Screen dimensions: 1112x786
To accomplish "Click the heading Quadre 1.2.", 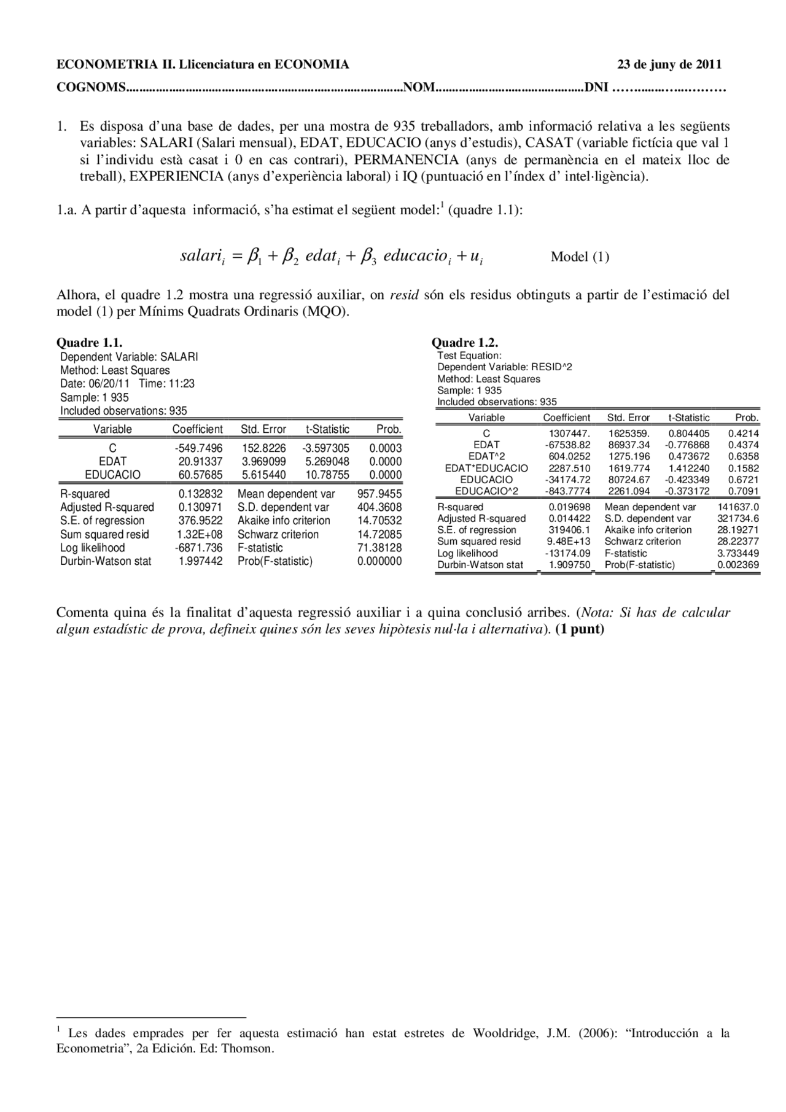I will pyautogui.click(x=464, y=343).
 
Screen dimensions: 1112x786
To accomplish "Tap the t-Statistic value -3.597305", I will pyautogui.click(x=325, y=448).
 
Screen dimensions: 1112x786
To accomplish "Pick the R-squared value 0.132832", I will pyautogui.click(x=200, y=494).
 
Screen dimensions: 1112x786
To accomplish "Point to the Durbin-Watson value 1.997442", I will pyautogui.click(x=200, y=561).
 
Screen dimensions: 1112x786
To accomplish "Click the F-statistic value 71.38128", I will pyautogui.click(x=379, y=547).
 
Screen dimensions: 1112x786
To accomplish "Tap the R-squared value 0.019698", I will pyautogui.click(x=569, y=507).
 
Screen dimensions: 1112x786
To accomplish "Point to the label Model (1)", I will pyautogui.click(x=580, y=257).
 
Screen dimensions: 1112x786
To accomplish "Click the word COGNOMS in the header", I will pyautogui.click(x=91, y=87).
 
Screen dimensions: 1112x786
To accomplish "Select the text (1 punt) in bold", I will pyautogui.click(x=579, y=629).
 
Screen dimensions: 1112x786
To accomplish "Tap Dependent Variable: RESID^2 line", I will pyautogui.click(x=504, y=367).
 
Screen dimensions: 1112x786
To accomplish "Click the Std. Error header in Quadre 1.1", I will pyautogui.click(x=263, y=429).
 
